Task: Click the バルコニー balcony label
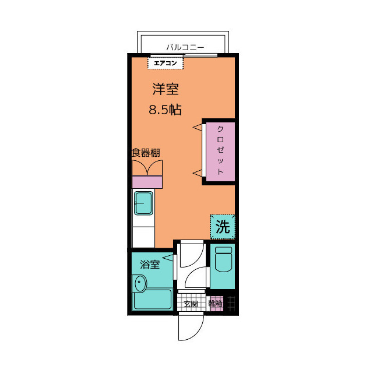point(185,47)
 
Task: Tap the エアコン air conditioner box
point(166,63)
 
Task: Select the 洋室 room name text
point(166,89)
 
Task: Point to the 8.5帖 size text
point(165,110)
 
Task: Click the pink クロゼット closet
point(220,152)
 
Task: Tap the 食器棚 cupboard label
point(146,153)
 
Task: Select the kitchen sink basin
point(143,203)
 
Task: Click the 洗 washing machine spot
point(223,227)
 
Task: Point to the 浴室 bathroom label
point(150,264)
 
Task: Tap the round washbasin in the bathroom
point(140,283)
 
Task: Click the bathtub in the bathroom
point(153,299)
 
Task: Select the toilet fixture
point(223,259)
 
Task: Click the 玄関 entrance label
point(191,304)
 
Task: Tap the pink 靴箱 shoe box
point(216,303)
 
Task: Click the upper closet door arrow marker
point(198,128)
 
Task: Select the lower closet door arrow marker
point(198,173)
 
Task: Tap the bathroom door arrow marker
point(168,258)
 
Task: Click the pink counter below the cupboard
point(147,182)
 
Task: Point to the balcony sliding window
point(184,55)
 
